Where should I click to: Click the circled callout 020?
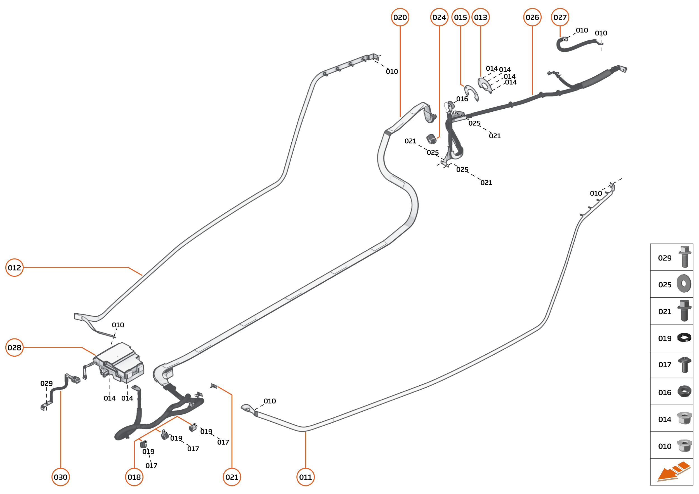pos(400,17)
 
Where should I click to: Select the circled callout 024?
pos(439,17)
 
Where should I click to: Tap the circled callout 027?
pos(560,17)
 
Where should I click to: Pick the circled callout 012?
pos(14,268)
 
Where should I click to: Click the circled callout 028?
pos(14,348)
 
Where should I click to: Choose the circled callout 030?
pos(61,477)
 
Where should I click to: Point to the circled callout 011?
pos(306,477)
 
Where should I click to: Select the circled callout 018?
pos(134,477)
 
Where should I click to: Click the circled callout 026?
pos(532,17)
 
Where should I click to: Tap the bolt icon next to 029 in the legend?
pos(684,257)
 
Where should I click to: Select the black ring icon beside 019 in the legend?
pos(684,338)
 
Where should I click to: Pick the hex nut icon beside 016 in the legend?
pos(684,391)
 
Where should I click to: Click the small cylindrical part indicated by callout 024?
pos(431,139)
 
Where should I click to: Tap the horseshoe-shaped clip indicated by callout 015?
pos(471,92)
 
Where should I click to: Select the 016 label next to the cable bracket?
pos(462,99)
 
